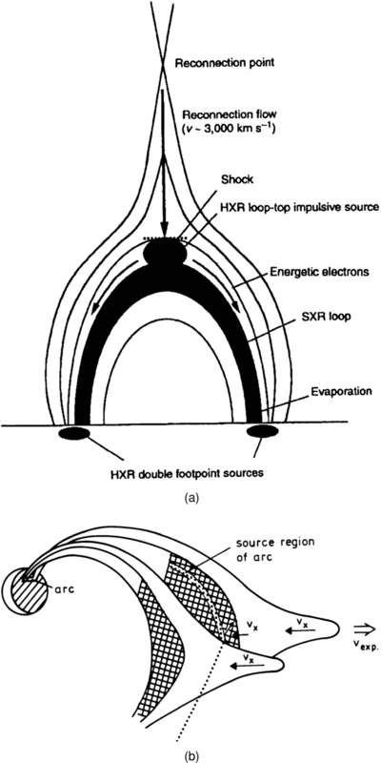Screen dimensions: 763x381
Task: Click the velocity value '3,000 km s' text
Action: pyautogui.click(x=221, y=132)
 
